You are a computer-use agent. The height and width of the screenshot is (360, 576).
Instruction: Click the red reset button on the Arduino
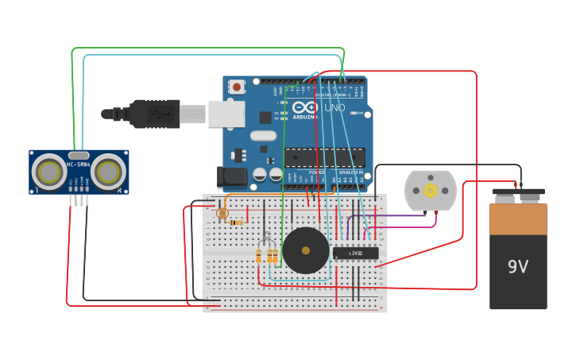236,87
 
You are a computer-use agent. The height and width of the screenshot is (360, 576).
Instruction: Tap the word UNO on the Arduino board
335,107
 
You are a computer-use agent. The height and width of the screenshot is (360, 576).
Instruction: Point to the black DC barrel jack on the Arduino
232,176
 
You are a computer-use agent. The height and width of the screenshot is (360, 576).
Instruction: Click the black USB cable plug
155,114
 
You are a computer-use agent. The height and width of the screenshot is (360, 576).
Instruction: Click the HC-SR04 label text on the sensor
79,165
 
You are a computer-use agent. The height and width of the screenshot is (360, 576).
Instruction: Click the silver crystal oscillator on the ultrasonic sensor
79,155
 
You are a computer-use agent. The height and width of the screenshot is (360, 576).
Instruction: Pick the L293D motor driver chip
355,253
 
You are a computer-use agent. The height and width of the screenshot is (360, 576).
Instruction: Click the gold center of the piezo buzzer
306,250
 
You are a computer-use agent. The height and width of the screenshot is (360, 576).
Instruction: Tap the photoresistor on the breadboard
222,213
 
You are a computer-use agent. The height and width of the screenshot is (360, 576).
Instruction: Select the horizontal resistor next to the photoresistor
235,223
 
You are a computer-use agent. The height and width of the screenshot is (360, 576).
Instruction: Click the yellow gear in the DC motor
431,190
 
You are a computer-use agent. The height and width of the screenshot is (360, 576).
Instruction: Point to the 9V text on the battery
518,267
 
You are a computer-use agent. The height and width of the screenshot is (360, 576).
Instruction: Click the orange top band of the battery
518,219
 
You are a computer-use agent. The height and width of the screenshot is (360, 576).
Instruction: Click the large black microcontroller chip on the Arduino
324,157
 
